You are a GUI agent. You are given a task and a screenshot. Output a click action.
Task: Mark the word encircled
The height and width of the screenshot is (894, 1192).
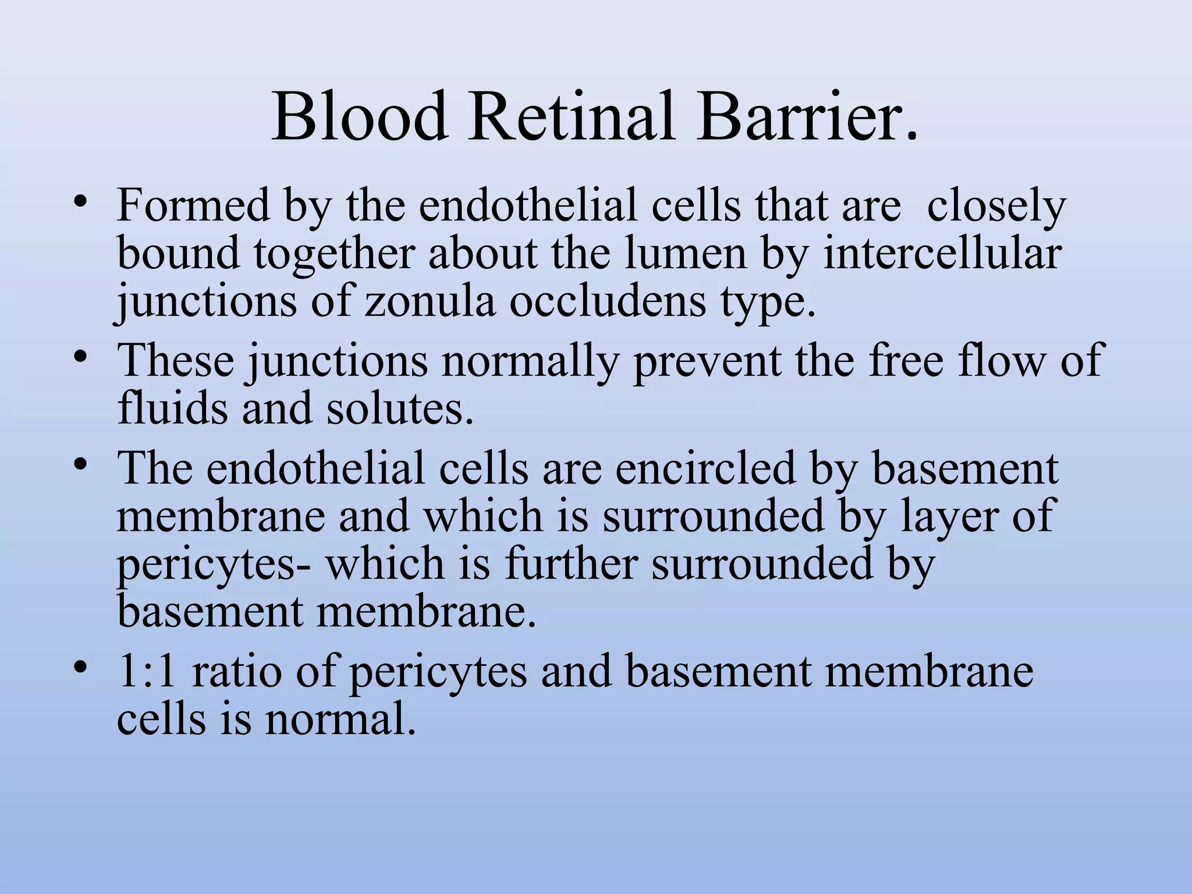(x=705, y=469)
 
